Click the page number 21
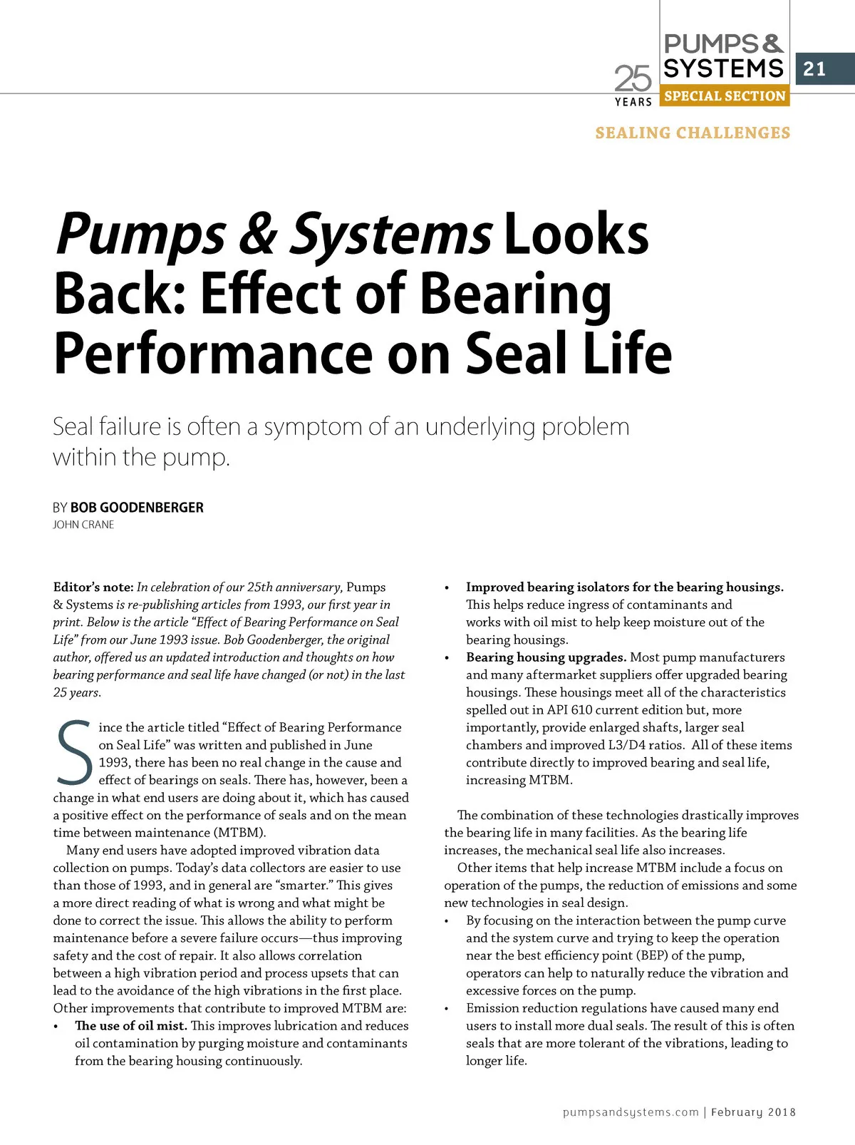tap(814, 69)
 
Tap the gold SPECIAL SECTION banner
tap(725, 96)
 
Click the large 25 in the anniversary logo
tap(633, 78)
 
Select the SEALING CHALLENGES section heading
tap(693, 133)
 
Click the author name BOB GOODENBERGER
tap(137, 508)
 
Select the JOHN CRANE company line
tap(83, 525)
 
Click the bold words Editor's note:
tap(93, 587)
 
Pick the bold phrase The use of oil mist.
tap(131, 1026)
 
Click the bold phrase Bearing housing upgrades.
tap(546, 657)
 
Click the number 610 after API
tap(581, 710)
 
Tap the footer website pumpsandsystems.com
tap(631, 1112)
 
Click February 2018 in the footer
tap(753, 1112)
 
